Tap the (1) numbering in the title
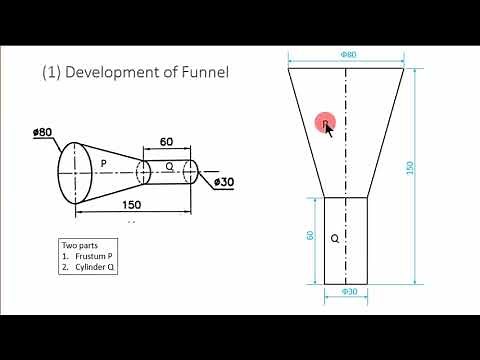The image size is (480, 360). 52,72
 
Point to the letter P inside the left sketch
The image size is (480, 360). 102,162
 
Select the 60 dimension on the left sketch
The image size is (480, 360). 168,143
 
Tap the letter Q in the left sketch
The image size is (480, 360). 169,167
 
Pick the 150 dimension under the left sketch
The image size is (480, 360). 130,205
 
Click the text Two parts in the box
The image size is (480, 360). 79,245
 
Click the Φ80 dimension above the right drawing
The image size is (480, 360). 348,55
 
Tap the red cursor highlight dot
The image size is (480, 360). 325,123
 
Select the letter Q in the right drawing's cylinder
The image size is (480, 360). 335,239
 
